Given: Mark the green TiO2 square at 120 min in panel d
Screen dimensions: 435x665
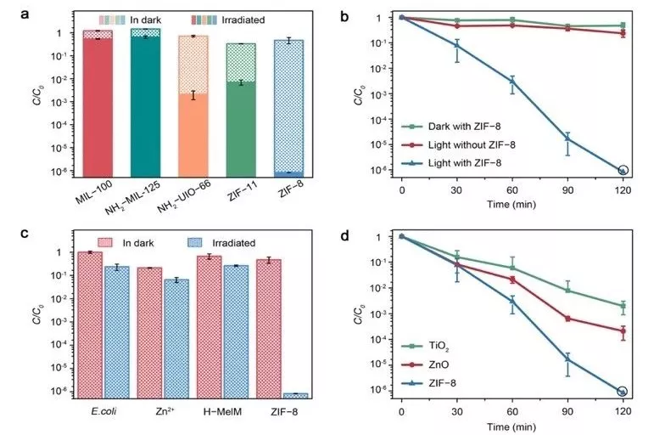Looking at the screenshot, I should point(623,306).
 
